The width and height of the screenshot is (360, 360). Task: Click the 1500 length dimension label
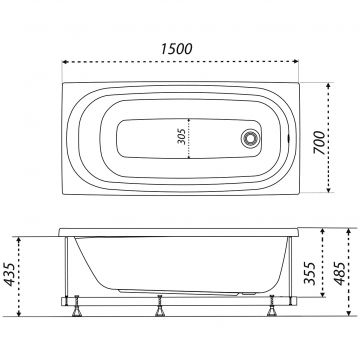177,49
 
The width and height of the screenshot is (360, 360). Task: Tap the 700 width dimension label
319,142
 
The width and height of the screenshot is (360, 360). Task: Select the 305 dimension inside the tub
181,137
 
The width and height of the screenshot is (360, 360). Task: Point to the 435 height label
10,274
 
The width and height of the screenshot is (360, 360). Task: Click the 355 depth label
309,273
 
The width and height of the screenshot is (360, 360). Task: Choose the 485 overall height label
340,273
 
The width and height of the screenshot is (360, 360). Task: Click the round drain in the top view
250,138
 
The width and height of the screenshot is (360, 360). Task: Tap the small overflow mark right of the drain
288,137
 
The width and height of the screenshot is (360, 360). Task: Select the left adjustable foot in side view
77,306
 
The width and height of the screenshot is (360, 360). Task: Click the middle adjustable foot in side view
160,306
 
